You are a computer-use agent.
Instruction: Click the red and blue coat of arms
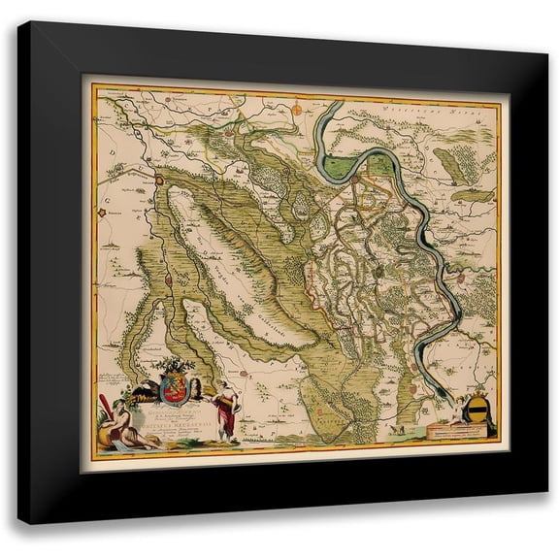176,389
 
